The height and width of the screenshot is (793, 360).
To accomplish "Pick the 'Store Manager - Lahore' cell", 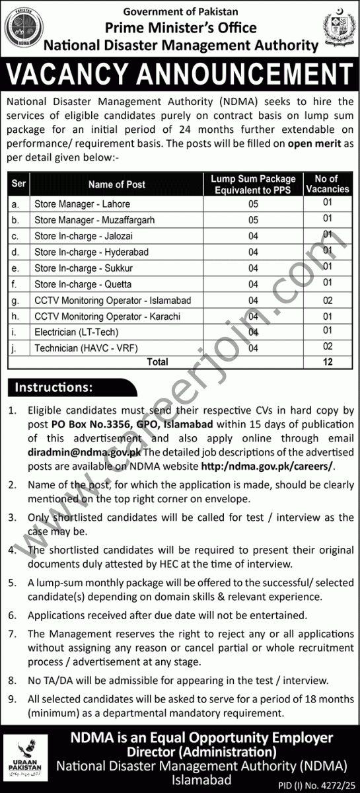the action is [82, 204].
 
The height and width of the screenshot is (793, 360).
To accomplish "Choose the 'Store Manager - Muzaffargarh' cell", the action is [94, 220].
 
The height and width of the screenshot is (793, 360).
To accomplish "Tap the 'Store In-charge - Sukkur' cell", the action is [83, 268].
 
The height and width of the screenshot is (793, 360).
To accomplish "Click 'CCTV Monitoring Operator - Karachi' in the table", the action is [107, 317].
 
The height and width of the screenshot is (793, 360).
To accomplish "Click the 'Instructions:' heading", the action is [54, 387].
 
